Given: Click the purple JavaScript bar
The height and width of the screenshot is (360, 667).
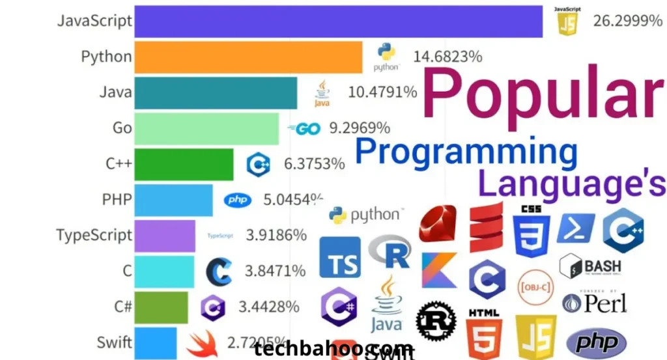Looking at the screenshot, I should tap(337, 21).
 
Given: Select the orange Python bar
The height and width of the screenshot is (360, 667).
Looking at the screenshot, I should tap(248, 57).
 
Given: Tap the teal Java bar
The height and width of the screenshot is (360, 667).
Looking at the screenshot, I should tap(215, 92).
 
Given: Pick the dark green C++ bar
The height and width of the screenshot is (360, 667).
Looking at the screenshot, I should tap(183, 163).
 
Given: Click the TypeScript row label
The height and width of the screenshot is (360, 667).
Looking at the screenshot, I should tap(94, 234).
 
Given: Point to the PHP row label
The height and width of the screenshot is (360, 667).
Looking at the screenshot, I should tap(117, 199).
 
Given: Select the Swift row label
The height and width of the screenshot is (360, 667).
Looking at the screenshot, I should tap(115, 341).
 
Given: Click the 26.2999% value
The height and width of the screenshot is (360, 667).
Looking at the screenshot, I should tap(627, 21).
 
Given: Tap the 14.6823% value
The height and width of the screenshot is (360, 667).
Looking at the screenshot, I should tap(447, 57).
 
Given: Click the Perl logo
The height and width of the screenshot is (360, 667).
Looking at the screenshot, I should tap(595, 303).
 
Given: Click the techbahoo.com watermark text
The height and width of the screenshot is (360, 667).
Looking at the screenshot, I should tap(333, 349).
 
